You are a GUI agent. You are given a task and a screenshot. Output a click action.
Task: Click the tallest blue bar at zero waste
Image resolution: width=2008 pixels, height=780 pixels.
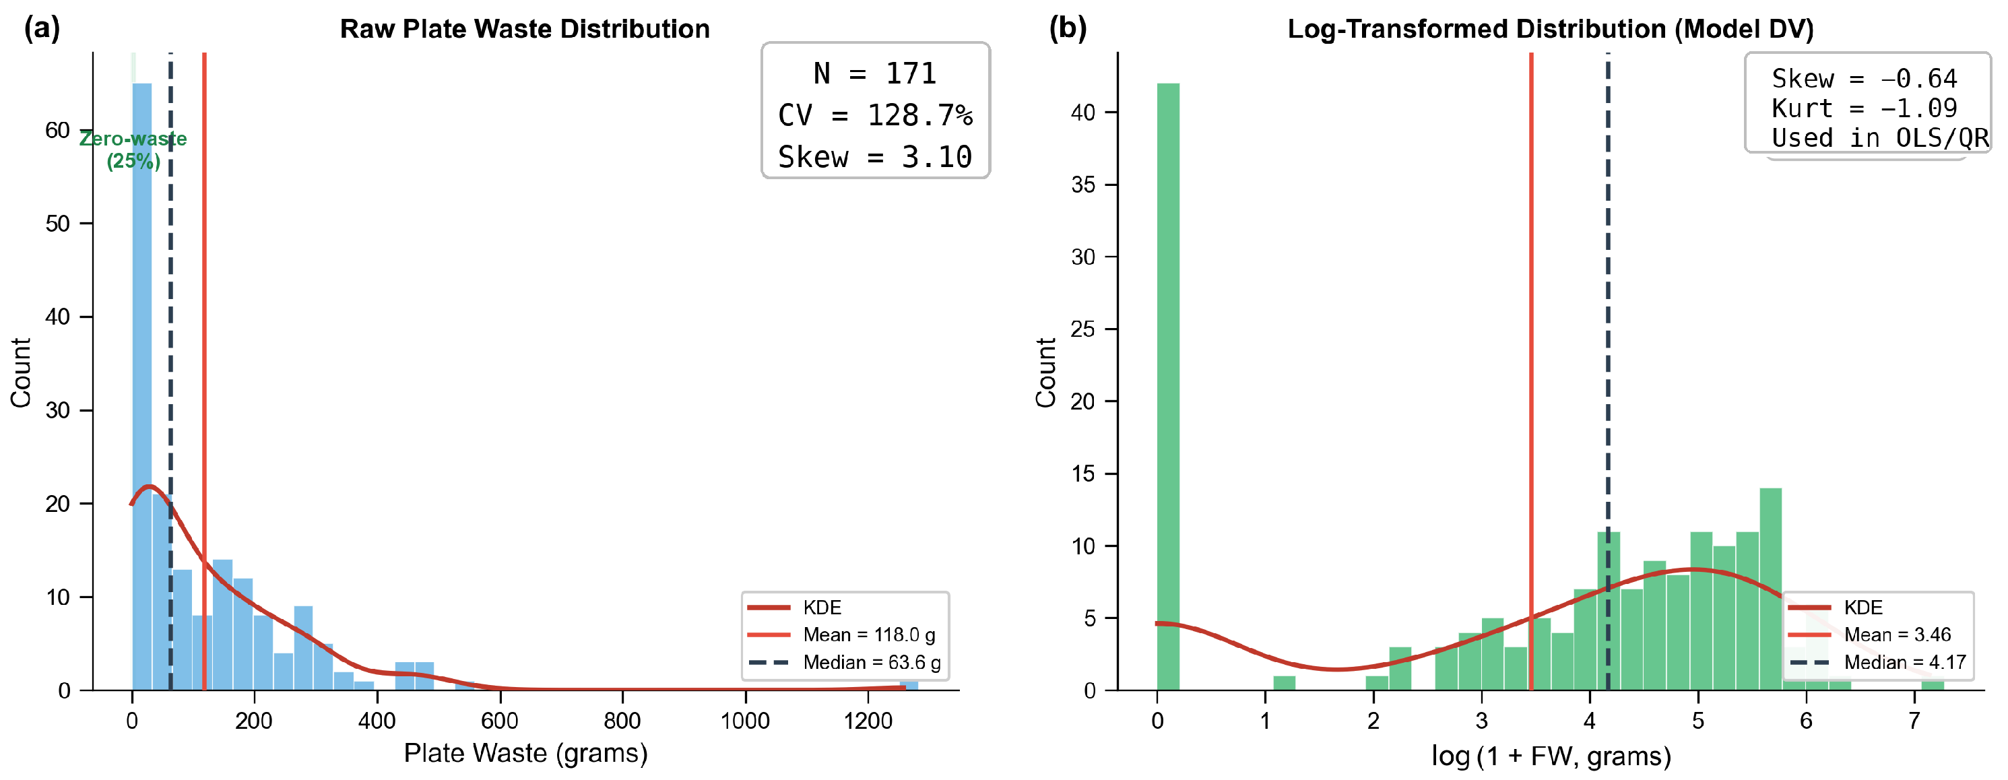tap(142, 386)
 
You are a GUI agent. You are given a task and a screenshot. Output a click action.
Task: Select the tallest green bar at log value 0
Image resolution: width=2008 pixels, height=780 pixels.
tap(1168, 387)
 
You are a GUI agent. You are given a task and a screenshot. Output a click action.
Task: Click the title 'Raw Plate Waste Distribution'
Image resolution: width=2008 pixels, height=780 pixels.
tap(525, 29)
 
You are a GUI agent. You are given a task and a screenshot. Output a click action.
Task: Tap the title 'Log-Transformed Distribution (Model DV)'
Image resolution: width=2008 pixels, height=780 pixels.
tap(1551, 29)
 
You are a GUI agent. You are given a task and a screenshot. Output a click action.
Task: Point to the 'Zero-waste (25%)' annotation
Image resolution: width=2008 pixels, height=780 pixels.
tap(133, 150)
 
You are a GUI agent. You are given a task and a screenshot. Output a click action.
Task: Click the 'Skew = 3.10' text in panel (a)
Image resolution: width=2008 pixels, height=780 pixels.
tap(874, 158)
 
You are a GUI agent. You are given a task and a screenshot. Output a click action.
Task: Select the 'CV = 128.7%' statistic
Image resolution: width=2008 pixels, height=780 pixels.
tap(874, 115)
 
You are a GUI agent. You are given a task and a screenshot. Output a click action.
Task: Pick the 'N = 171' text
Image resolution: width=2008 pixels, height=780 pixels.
tap(874, 74)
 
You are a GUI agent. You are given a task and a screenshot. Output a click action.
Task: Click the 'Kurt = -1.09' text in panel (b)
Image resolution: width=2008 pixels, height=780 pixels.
tap(1864, 108)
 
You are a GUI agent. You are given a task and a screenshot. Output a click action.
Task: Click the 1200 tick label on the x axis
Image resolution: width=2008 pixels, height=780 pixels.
tap(868, 721)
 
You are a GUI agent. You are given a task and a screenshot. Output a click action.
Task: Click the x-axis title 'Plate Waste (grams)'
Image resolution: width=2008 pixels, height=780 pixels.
tap(525, 754)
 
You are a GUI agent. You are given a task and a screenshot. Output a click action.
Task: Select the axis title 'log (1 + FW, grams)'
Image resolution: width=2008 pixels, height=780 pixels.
tap(1551, 755)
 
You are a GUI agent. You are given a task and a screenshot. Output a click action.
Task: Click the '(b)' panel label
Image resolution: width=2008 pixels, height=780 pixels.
tap(1068, 28)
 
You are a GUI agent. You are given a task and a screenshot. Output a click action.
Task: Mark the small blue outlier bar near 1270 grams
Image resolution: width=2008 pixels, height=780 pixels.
tap(909, 686)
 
